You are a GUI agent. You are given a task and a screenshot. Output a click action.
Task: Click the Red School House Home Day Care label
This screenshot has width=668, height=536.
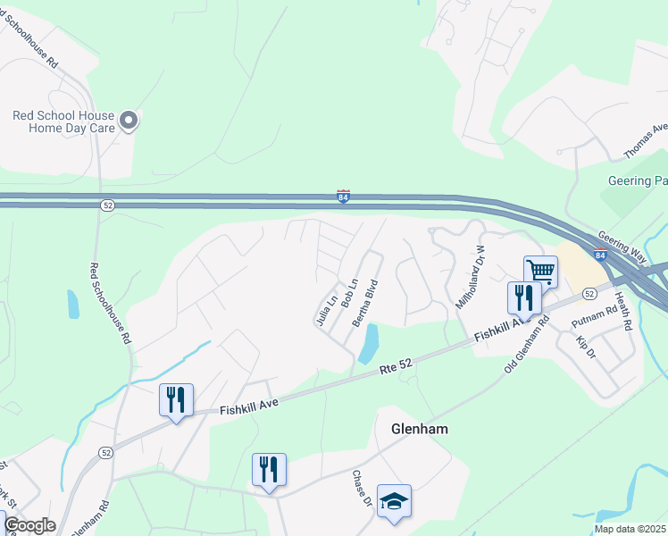point(63,121)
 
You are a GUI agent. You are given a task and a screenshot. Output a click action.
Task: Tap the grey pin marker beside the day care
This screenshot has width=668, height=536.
point(129,120)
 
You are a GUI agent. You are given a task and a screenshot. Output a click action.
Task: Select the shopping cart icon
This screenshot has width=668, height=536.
point(540,270)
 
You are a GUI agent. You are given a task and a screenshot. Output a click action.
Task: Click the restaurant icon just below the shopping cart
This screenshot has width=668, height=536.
point(524,297)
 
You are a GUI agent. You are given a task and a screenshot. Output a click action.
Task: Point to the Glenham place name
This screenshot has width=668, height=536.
point(420,429)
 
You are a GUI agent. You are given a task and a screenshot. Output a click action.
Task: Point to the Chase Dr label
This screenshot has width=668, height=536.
point(362,489)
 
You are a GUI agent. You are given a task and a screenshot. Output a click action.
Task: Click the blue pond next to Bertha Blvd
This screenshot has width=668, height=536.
point(368,343)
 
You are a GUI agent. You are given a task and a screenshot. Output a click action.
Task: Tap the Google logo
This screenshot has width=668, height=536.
point(29,525)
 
